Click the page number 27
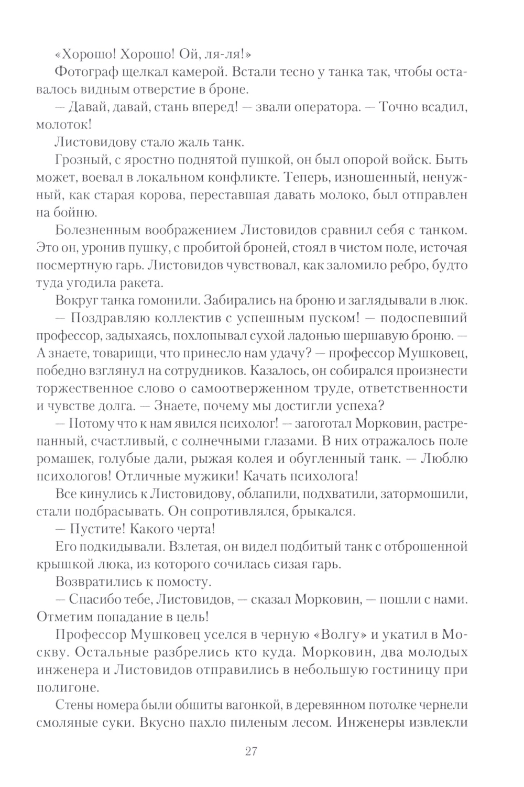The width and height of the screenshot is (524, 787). (250, 751)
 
